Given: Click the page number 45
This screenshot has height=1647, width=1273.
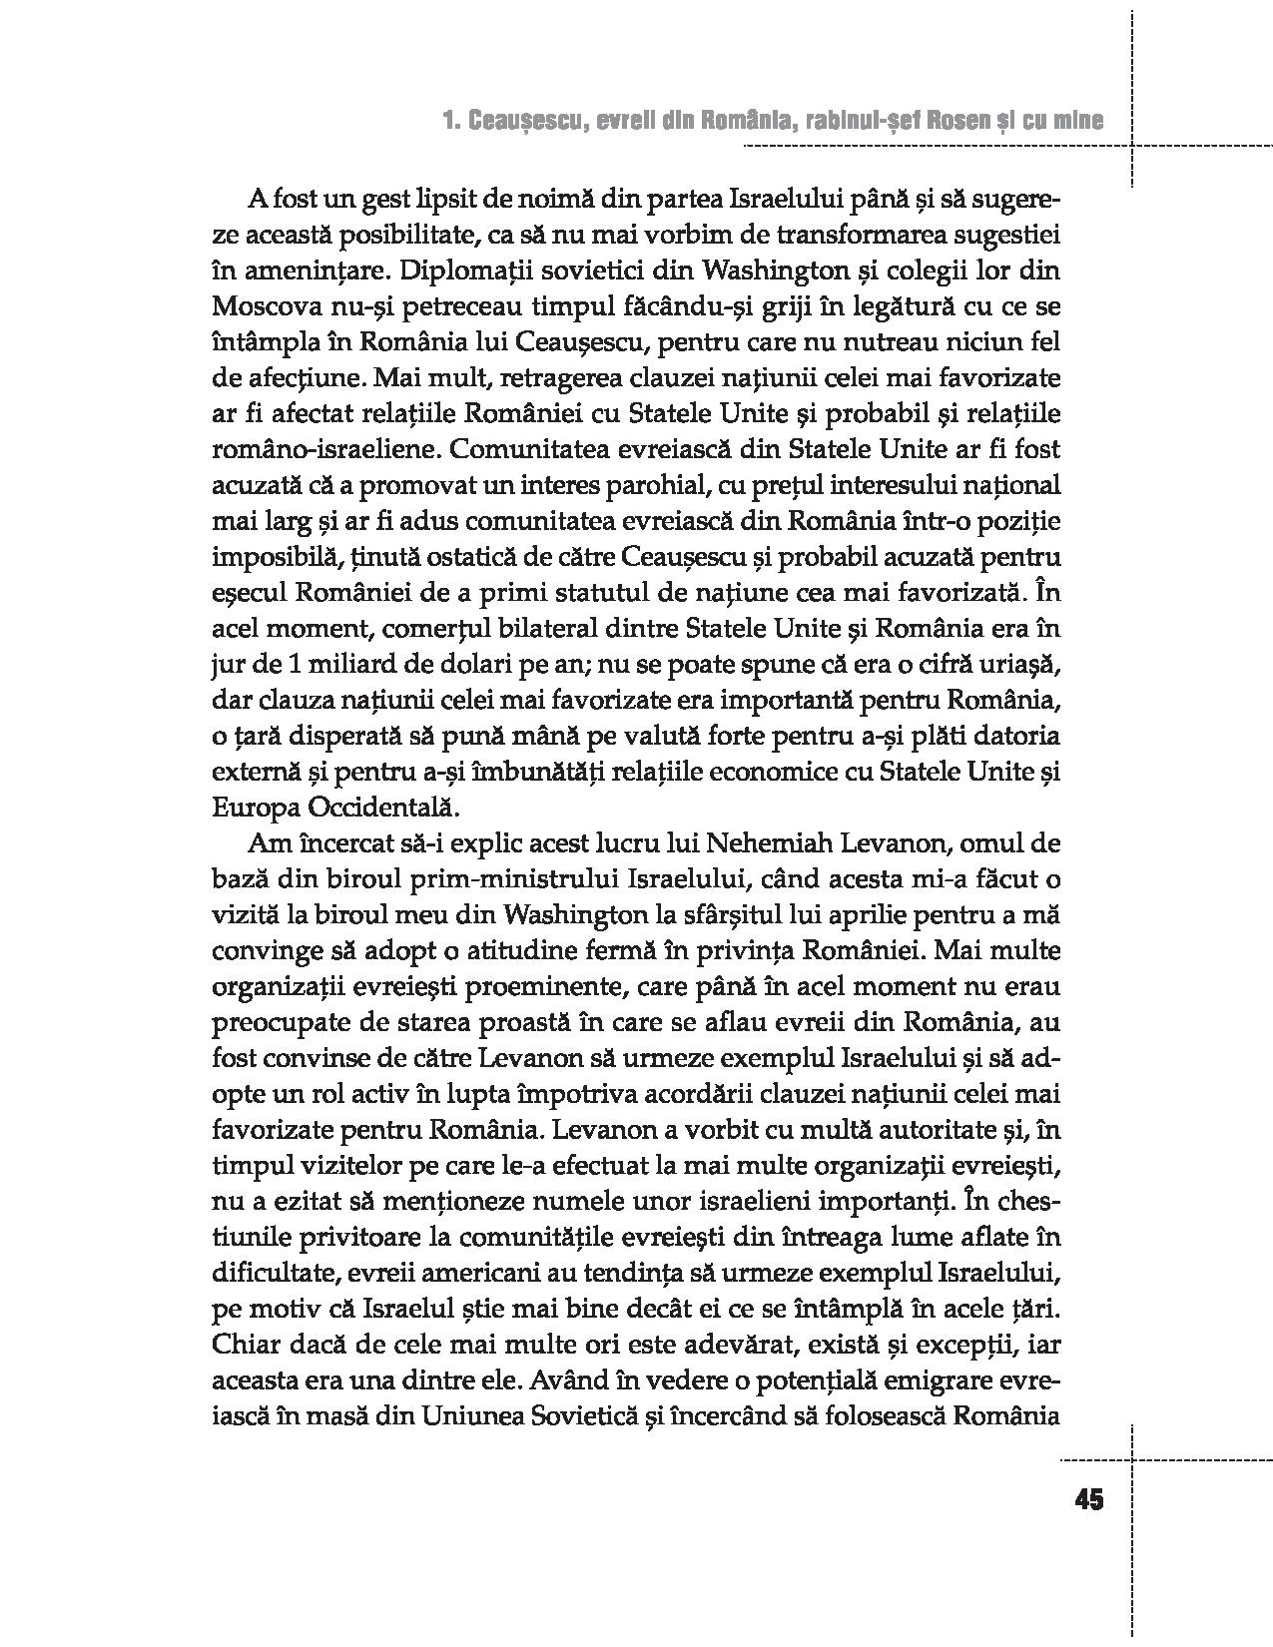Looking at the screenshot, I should tap(1089, 1500).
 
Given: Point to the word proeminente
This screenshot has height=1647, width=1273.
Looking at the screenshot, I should tap(470, 986).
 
